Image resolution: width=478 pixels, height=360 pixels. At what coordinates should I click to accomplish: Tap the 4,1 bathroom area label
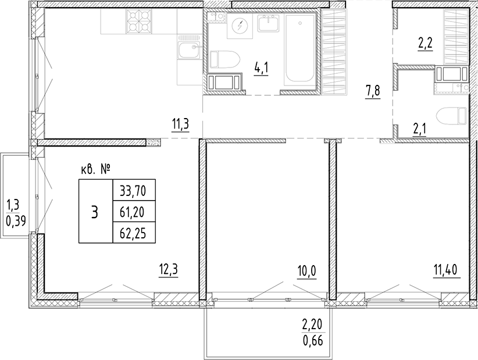coord(261,68)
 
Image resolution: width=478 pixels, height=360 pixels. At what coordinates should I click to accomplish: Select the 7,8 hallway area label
coord(373,91)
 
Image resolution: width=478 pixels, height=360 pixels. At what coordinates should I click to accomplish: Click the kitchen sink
coord(188,51)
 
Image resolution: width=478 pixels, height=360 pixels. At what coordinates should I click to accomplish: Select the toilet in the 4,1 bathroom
coord(225,59)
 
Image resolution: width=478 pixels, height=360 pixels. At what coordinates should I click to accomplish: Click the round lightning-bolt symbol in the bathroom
coord(240,26)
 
